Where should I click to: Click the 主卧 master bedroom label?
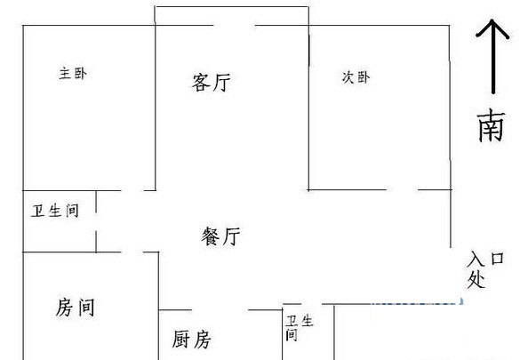(x=73, y=73)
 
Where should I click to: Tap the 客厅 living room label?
(x=212, y=83)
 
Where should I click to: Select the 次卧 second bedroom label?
(x=356, y=77)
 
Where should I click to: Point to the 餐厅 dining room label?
(x=220, y=236)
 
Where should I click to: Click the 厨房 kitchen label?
(x=191, y=340)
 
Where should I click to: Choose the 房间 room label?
(x=76, y=308)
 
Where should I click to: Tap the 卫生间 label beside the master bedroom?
(x=55, y=211)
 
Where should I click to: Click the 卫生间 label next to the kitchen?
(x=300, y=328)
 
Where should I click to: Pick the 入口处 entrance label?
(x=485, y=269)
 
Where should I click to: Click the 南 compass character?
(x=492, y=126)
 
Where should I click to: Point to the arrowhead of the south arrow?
(x=492, y=20)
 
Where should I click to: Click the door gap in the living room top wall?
(x=235, y=25)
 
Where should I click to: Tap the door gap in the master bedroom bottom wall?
(x=132, y=190)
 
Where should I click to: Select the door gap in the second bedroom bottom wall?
(x=403, y=190)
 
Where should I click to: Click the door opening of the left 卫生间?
(x=96, y=221)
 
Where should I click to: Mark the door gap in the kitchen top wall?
(x=220, y=310)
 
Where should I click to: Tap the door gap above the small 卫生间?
(x=312, y=304)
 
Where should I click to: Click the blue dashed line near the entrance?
(x=417, y=303)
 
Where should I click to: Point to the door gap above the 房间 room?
(x=132, y=252)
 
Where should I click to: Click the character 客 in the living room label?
(x=201, y=83)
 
